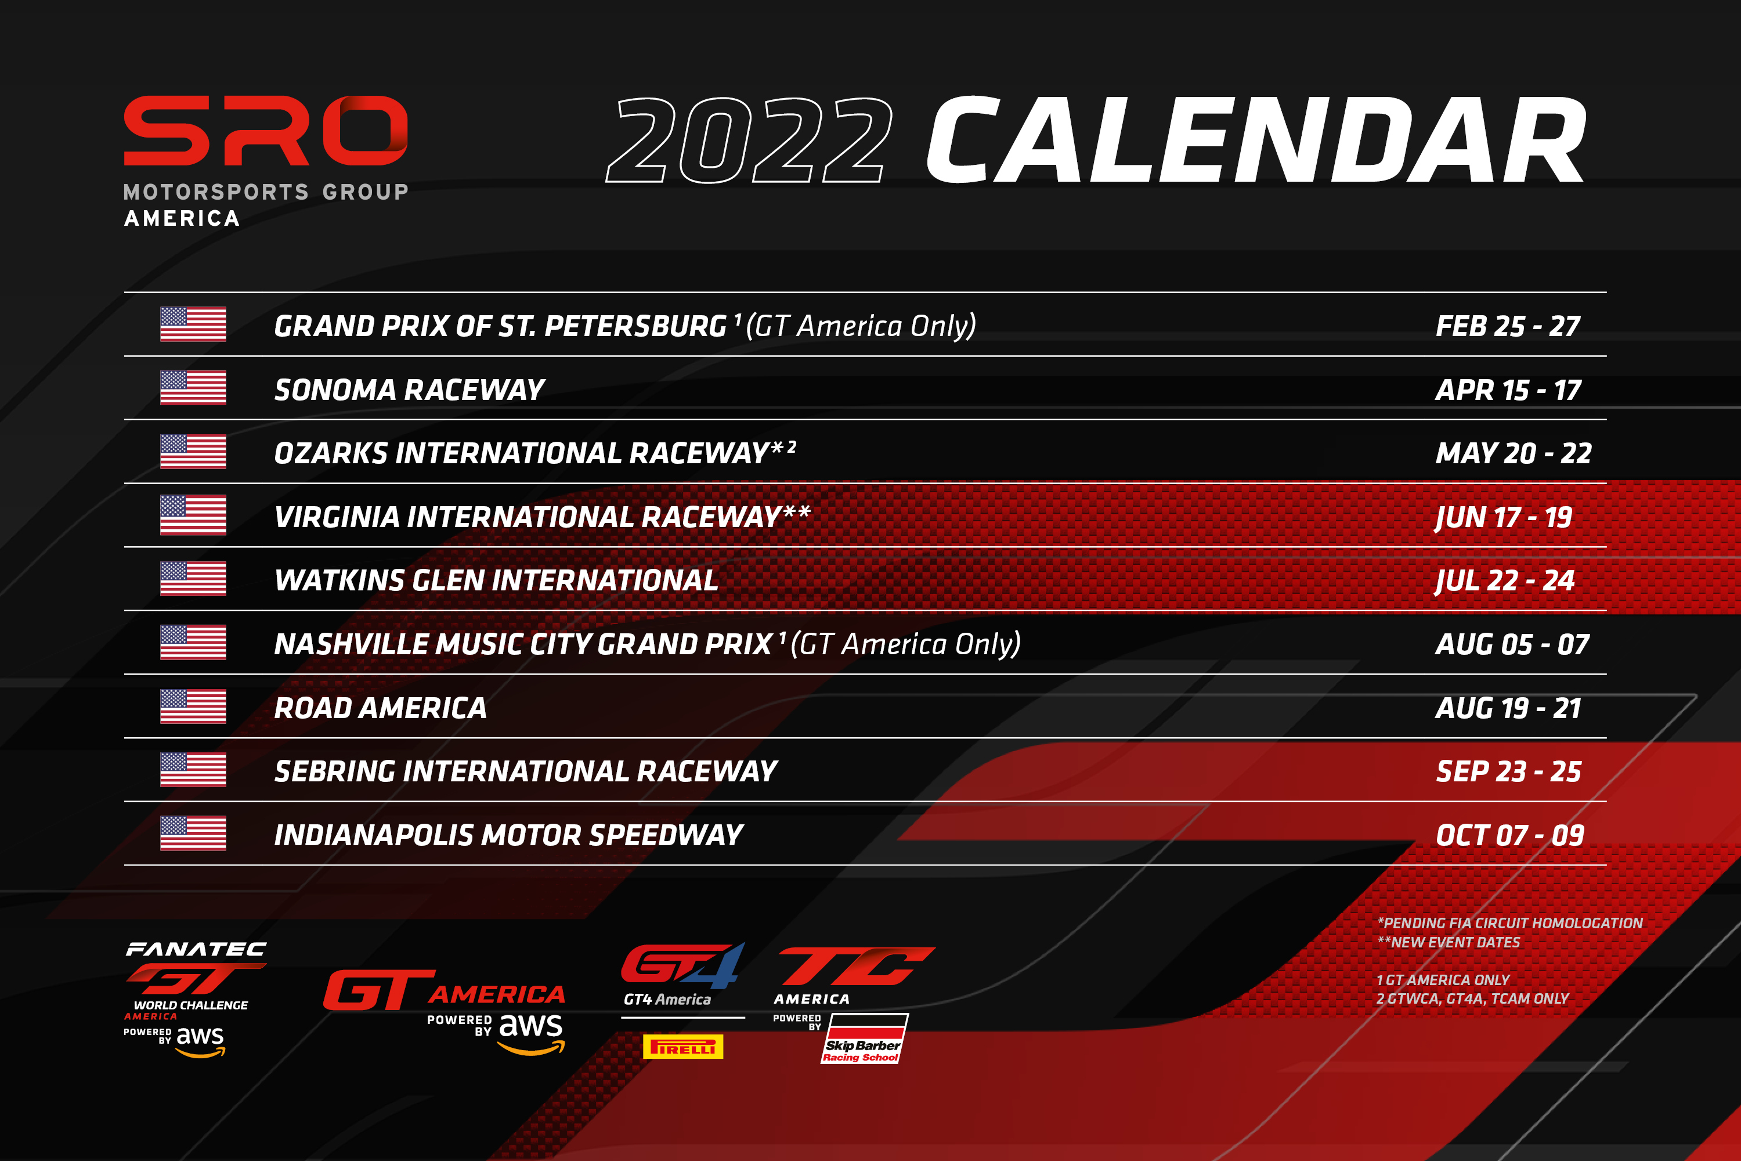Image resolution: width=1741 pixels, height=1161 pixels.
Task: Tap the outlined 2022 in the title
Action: click(x=749, y=140)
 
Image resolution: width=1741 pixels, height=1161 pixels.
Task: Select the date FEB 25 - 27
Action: click(x=1508, y=326)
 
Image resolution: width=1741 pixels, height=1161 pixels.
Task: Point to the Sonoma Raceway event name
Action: click(x=409, y=390)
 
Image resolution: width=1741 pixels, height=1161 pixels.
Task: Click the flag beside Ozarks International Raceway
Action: click(x=193, y=452)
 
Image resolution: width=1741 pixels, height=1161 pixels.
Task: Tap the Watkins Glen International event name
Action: click(x=496, y=580)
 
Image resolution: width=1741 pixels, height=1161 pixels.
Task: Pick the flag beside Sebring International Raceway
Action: click(x=193, y=770)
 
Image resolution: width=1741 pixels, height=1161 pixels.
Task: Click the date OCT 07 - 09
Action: click(x=1510, y=835)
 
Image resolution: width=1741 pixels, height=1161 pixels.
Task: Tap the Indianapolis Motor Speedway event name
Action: click(x=508, y=835)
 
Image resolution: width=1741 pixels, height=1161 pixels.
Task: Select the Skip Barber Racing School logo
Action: click(x=864, y=1039)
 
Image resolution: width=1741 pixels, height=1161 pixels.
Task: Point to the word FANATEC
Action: click(x=196, y=949)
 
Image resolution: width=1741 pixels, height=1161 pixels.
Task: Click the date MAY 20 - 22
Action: click(x=1513, y=453)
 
